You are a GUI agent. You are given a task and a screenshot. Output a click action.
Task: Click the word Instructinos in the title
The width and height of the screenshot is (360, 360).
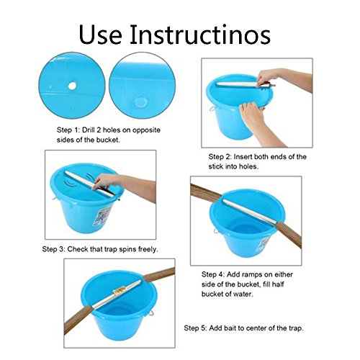200,35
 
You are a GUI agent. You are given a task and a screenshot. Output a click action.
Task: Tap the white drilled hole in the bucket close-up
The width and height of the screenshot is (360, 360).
72,86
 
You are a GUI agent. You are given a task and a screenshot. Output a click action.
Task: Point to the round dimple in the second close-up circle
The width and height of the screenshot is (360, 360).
140,102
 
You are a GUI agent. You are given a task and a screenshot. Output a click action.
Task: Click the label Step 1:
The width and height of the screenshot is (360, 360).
68,130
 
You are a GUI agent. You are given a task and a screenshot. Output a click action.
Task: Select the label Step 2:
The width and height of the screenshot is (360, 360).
220,157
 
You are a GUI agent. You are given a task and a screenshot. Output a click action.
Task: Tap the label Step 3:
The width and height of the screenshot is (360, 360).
53,249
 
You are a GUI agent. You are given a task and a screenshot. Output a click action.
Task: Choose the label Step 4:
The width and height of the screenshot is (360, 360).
213,274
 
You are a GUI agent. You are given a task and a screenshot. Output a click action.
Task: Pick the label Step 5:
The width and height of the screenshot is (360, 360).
195,328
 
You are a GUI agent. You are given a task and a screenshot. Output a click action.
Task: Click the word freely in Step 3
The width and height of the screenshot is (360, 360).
148,249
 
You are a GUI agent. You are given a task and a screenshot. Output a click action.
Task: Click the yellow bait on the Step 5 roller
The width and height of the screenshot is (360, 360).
119,291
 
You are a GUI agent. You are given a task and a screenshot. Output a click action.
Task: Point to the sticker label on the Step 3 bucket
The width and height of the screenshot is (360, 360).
102,216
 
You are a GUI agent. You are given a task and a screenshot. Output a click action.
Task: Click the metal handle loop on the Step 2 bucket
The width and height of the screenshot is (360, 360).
212,109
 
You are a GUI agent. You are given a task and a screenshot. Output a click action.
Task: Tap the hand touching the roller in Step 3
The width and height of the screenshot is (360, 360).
106,181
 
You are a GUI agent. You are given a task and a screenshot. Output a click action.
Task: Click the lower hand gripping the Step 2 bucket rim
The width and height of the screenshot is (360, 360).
253,117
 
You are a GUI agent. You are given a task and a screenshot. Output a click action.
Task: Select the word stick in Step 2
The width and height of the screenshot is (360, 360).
215,166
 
